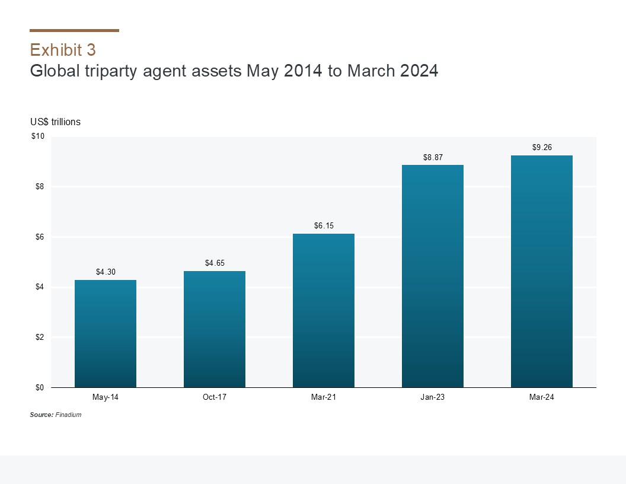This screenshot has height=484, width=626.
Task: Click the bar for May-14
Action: pos(106,333)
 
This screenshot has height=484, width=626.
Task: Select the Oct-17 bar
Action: pos(215,329)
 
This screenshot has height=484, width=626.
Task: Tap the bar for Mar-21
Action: pos(324,310)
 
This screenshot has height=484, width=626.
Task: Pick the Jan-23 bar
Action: pos(433,276)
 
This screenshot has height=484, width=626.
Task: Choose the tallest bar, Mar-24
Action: pos(542,271)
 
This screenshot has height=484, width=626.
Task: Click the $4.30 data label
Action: pos(106,272)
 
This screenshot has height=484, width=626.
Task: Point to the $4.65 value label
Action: pos(215,263)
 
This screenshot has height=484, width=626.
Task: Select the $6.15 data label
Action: pos(324,226)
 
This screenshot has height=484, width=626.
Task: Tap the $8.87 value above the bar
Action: pos(433,157)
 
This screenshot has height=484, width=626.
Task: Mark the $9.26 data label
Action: pos(542,148)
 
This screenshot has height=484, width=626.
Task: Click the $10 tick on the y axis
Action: pos(38,137)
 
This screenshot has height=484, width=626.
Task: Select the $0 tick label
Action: pos(40,388)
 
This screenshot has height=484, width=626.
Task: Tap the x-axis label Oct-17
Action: pos(215,397)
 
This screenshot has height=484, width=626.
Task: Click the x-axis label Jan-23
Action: pos(433,397)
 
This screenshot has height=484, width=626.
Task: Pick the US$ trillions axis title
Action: pos(55,122)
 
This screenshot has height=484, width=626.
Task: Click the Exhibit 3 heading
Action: pos(63,49)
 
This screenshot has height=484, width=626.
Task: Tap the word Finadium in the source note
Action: pos(68,415)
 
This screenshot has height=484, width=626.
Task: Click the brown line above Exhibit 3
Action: pos(74,30)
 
